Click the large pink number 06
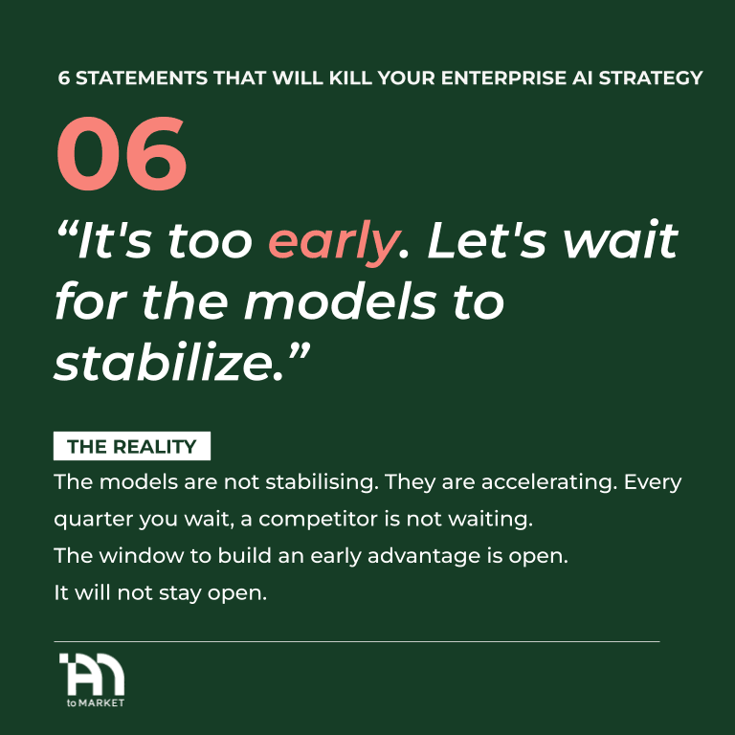pyautogui.click(x=122, y=153)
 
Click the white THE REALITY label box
pyautogui.click(x=132, y=446)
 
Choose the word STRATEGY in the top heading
pyautogui.click(x=651, y=78)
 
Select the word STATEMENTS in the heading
pyautogui.click(x=142, y=78)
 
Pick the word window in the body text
pyautogui.click(x=141, y=556)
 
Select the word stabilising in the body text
pyautogui.click(x=323, y=482)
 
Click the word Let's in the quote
pyautogui.click(x=487, y=240)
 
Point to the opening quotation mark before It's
pyautogui.click(x=67, y=229)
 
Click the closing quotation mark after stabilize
pyautogui.click(x=298, y=350)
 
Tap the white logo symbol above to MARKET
pyautogui.click(x=92, y=674)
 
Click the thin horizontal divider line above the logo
pyautogui.click(x=357, y=642)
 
